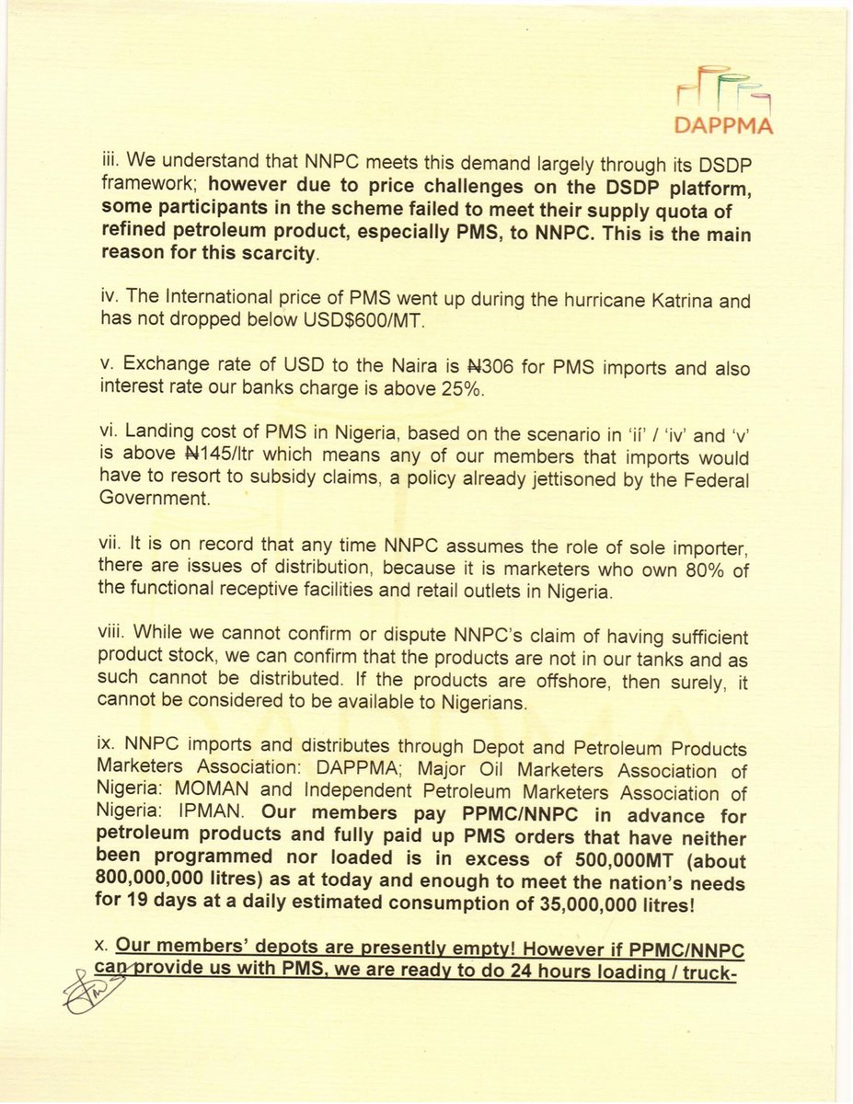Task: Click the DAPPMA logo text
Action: point(722,123)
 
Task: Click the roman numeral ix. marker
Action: point(109,749)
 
